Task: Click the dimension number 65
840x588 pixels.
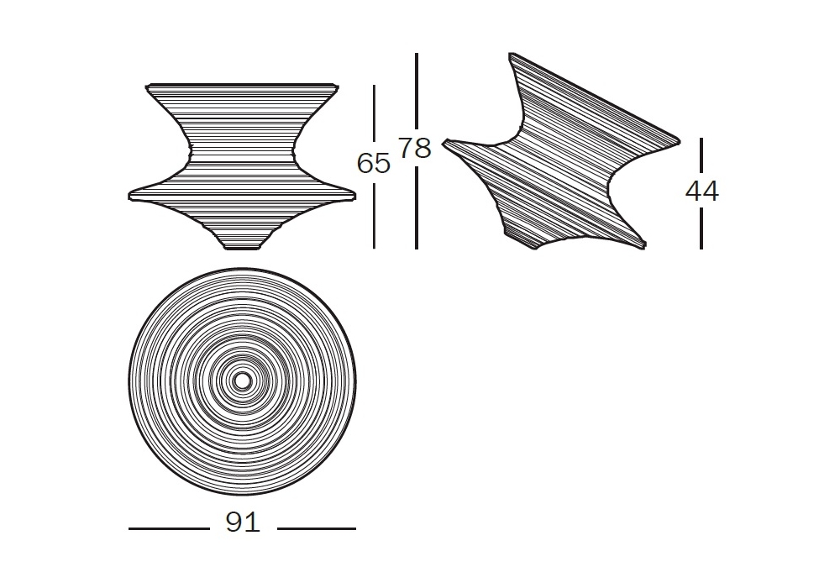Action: [x=374, y=163]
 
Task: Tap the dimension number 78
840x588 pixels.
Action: [x=415, y=148]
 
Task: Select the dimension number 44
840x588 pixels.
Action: [x=701, y=191]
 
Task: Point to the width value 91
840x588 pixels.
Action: [x=243, y=522]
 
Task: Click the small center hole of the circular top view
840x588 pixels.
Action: [x=242, y=381]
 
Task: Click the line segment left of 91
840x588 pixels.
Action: [x=169, y=528]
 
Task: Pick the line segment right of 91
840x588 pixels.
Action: [x=317, y=528]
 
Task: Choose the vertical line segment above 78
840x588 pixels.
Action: [x=417, y=91]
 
